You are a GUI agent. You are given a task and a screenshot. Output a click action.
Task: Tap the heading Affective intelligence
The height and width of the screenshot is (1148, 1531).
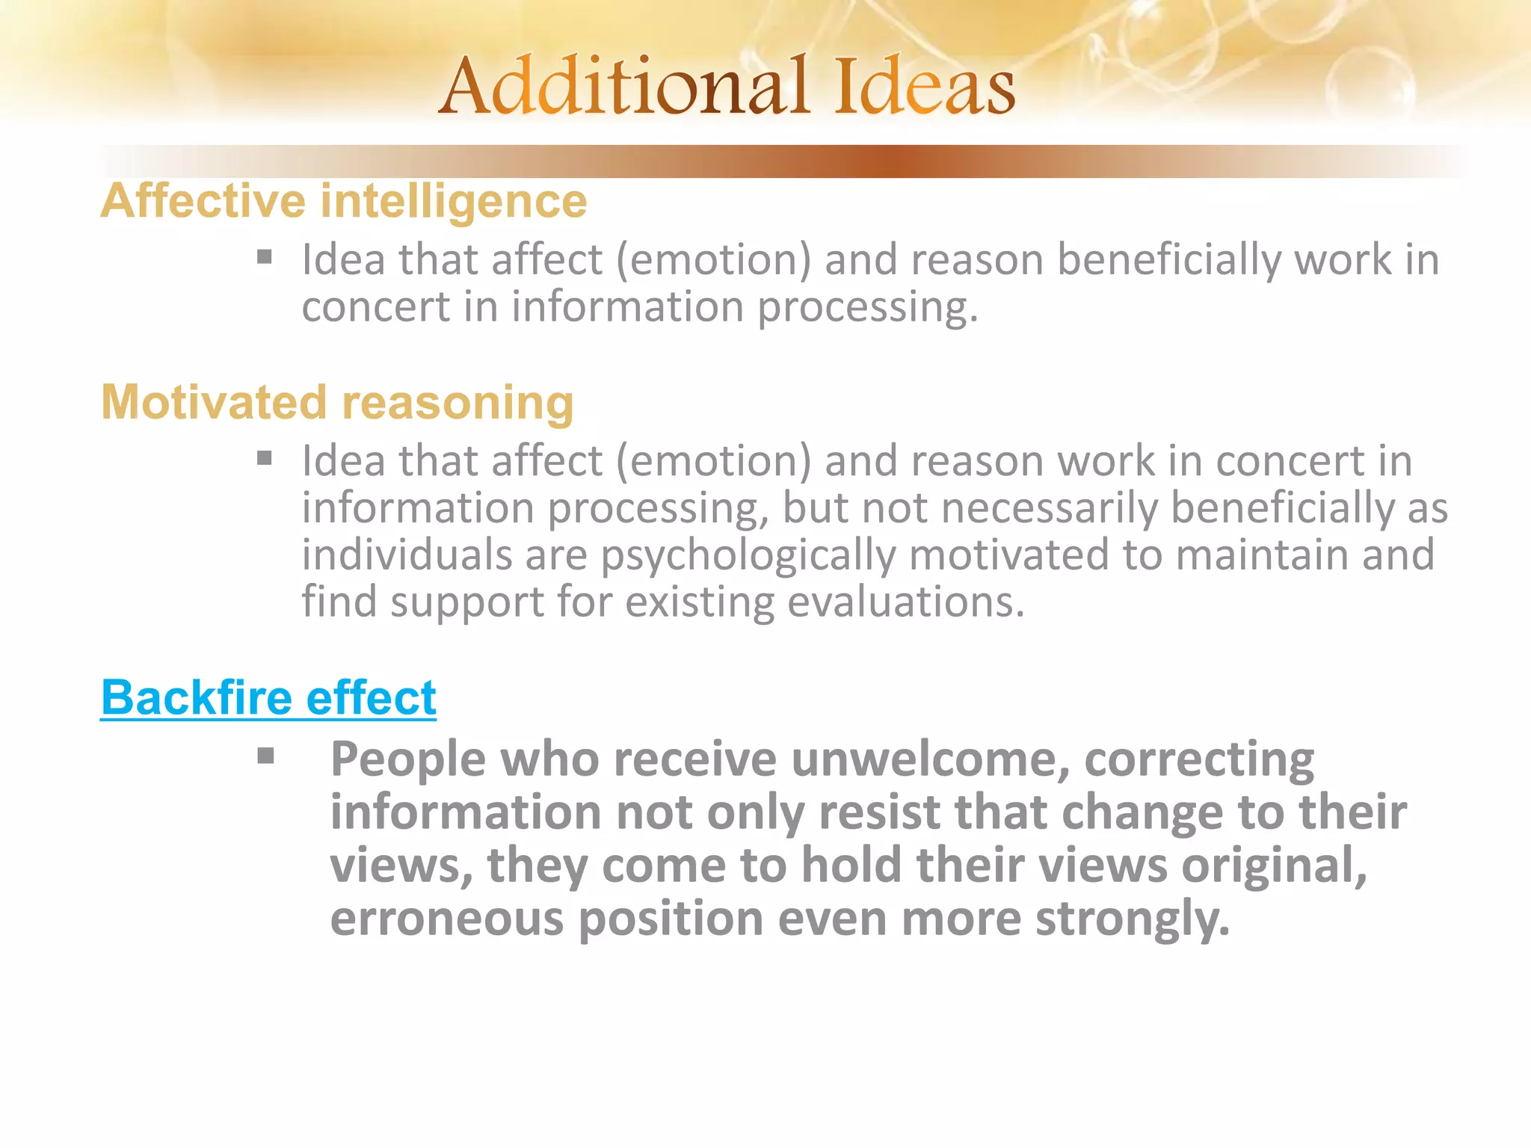point(344,201)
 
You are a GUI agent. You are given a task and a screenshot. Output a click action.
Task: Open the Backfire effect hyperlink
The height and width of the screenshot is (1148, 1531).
point(268,697)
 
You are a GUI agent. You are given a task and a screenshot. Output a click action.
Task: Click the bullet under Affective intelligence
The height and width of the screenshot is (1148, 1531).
point(265,258)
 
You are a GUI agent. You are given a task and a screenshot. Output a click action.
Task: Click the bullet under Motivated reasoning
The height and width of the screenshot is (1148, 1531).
point(265,458)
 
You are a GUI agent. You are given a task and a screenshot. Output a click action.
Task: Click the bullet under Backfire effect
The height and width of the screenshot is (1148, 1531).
point(265,756)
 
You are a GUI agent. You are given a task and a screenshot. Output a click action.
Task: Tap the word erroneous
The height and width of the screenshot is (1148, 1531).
point(447,919)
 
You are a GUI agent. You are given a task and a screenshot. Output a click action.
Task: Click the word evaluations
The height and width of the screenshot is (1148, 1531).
point(905,602)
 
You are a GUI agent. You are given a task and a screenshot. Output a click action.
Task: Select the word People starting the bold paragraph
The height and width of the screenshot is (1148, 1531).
point(408,759)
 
